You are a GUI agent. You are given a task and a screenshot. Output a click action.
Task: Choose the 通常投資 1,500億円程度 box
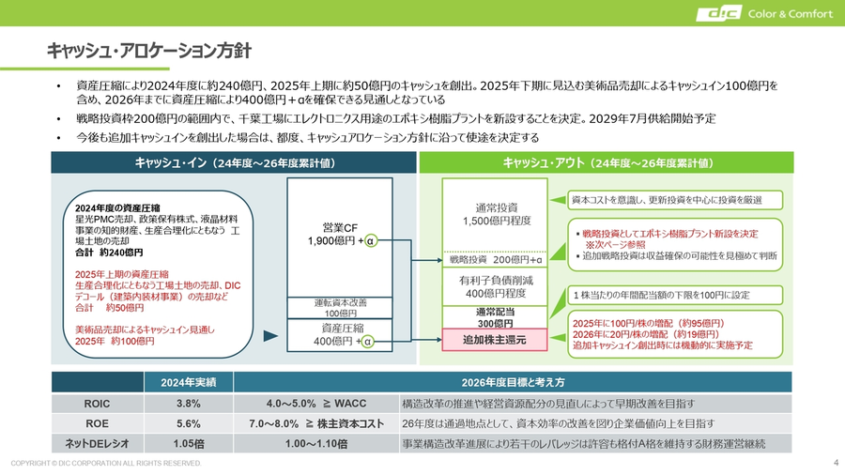(497, 214)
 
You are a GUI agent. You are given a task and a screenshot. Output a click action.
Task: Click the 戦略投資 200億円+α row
(497, 259)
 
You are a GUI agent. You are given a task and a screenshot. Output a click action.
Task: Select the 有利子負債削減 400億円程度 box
(497, 285)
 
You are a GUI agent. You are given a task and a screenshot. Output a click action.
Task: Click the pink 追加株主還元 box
(495, 339)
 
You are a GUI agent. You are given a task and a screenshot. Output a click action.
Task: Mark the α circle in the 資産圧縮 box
(368, 342)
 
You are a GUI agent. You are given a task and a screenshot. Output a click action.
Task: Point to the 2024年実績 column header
(189, 382)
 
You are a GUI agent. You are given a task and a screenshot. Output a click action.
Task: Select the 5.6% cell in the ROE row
(189, 423)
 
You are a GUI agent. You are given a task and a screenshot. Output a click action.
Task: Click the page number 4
(835, 463)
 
